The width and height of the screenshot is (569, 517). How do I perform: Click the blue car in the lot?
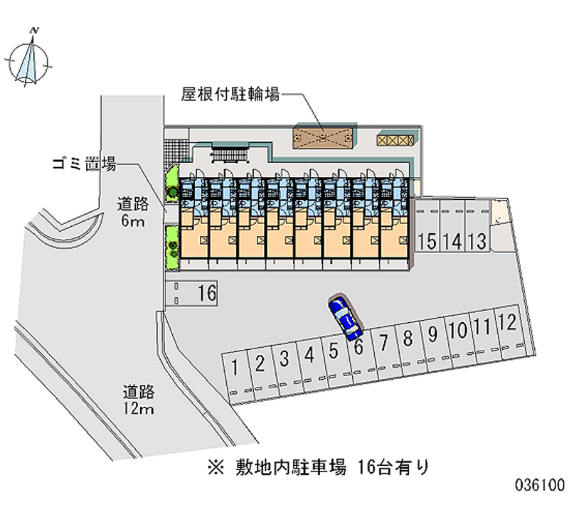click(346, 317)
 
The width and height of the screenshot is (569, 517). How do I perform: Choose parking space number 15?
click(427, 241)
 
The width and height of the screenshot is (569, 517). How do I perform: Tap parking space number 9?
click(432, 334)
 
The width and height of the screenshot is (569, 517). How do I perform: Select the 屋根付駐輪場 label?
click(229, 94)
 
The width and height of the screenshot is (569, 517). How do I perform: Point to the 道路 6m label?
click(133, 213)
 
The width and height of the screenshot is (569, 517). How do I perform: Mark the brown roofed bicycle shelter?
click(324, 137)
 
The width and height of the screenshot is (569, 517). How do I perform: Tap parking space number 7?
click(383, 343)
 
